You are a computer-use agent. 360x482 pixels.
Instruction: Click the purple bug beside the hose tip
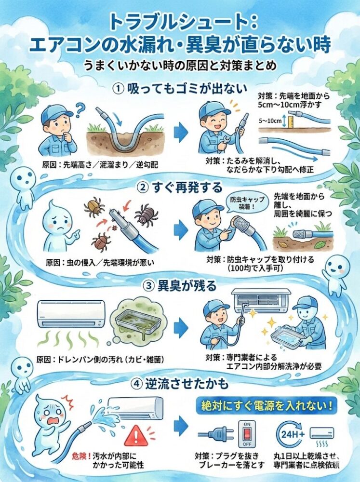click(146, 214)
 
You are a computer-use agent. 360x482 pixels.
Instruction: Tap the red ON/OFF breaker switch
click(247, 434)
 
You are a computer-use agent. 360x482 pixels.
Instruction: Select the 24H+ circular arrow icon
click(291, 434)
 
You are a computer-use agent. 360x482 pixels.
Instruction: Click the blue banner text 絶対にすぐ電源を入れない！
click(267, 406)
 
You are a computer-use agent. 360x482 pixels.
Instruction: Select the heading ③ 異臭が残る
click(180, 285)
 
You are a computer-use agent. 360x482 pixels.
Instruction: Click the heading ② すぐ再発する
click(180, 187)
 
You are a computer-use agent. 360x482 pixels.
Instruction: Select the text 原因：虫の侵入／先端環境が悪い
click(100, 263)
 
